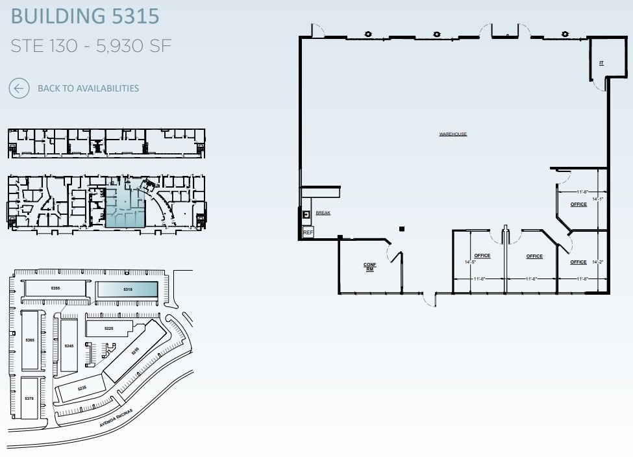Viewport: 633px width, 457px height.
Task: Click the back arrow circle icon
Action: coord(19,88)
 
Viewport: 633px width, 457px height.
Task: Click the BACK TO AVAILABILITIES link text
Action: coord(88,88)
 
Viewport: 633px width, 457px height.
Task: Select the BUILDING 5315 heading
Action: coord(85,16)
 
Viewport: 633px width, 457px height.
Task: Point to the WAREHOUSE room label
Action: coord(453,134)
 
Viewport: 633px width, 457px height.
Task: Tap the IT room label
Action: coord(602,63)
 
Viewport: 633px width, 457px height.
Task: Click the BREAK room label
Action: coord(323,213)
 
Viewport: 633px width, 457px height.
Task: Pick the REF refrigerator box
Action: coord(308,232)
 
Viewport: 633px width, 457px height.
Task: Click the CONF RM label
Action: coord(369,267)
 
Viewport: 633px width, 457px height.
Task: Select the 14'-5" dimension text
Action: coord(469,262)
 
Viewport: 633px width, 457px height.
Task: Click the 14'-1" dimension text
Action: coord(597,199)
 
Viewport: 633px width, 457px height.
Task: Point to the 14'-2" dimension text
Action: coord(597,262)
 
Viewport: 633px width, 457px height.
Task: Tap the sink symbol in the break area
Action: coord(307,214)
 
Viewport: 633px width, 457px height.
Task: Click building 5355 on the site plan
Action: coord(55,288)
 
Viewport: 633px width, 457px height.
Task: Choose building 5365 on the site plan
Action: coord(30,340)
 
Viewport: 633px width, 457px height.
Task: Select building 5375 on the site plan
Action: coord(29,398)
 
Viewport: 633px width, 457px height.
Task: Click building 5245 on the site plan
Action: coord(69,346)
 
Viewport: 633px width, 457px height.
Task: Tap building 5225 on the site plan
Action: coord(109,328)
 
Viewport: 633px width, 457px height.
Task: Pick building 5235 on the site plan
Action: coord(82,388)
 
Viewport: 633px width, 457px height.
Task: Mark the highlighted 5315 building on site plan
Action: coord(127,289)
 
